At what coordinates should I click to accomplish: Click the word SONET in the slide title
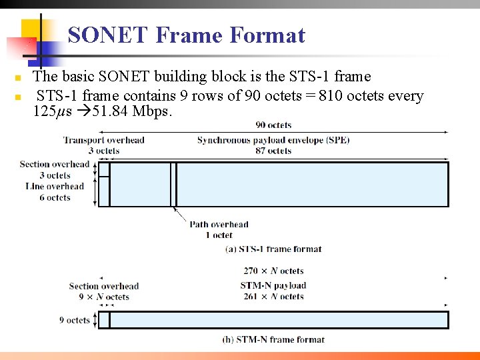point(108,35)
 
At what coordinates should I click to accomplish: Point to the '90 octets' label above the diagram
point(273,125)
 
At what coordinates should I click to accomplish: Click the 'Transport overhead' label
point(103,140)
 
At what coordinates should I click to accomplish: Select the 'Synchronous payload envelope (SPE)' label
point(273,140)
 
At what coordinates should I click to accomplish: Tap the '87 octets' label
point(273,151)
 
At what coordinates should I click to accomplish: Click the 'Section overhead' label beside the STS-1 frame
point(54,164)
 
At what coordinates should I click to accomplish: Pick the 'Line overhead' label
point(55,187)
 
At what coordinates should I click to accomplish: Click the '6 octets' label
point(55,197)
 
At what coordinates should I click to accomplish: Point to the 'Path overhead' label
point(219,225)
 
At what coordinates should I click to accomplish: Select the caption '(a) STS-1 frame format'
point(273,249)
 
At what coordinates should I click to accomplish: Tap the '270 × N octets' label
point(273,271)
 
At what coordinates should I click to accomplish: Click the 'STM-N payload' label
point(273,286)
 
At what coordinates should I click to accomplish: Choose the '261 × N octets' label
point(273,297)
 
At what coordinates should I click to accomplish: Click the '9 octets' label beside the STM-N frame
point(74,320)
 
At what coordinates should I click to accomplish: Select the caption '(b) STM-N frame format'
point(273,339)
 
